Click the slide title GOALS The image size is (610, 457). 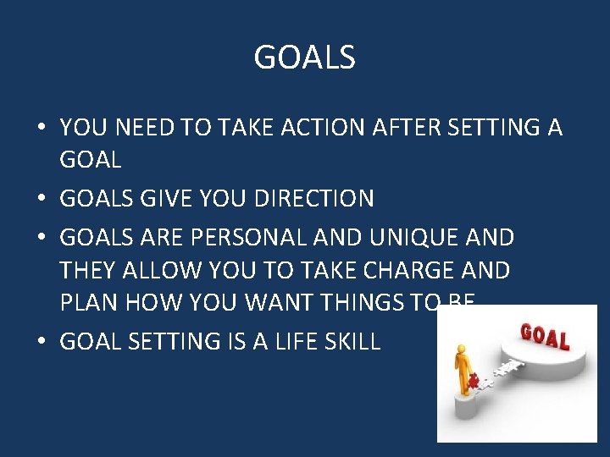pyautogui.click(x=305, y=58)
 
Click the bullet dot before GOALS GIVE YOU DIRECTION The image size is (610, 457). pyautogui.click(x=41, y=200)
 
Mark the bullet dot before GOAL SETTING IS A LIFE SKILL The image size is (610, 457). pyautogui.click(x=41, y=342)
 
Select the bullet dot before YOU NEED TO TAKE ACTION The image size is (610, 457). pyautogui.click(x=41, y=129)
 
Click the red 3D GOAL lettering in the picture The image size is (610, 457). pyautogui.click(x=546, y=334)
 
